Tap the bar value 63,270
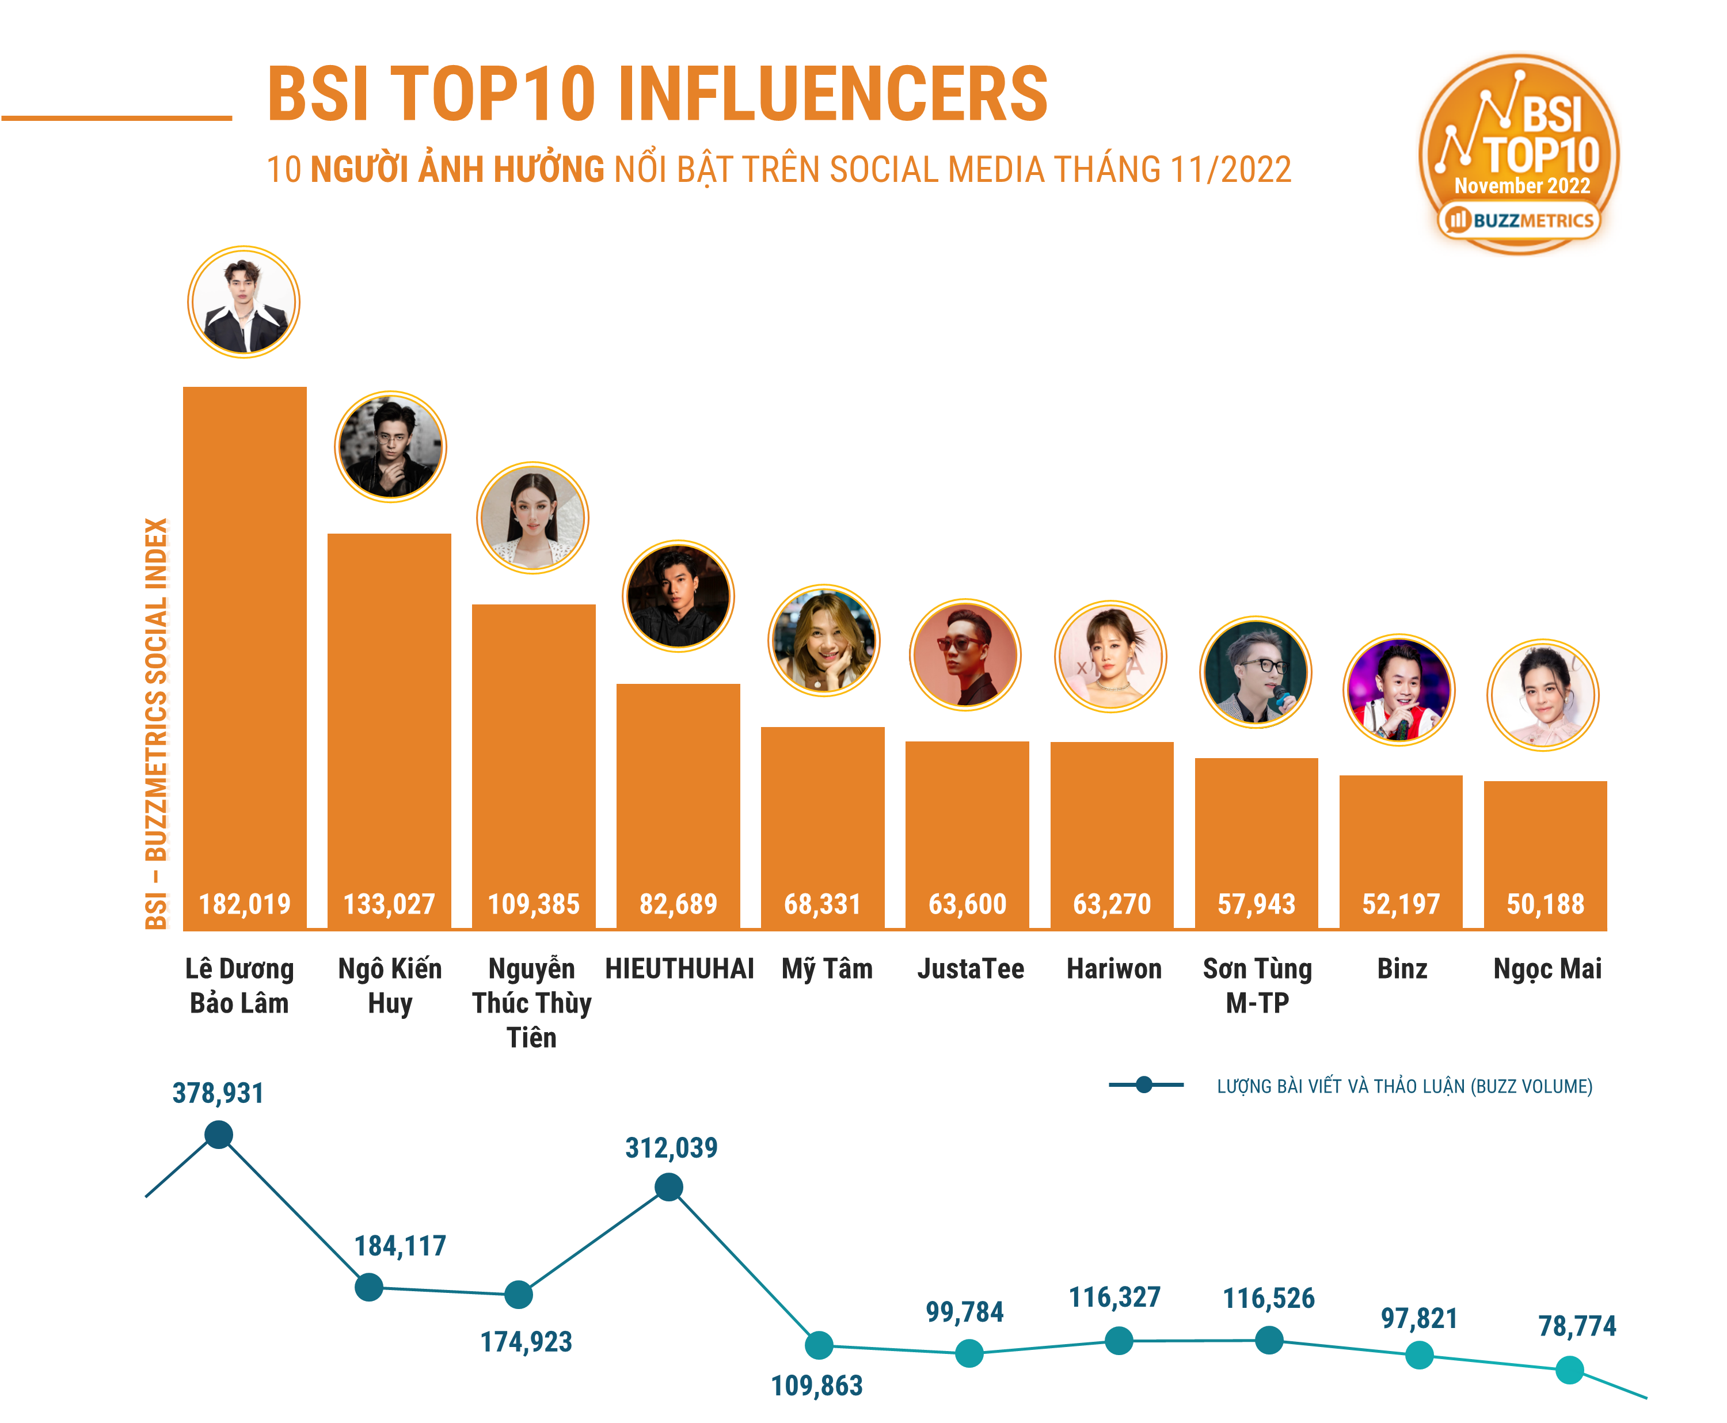coord(1112,904)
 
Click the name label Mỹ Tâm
coord(826,969)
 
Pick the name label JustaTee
coord(971,969)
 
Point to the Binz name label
coord(1402,969)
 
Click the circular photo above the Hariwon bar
coord(1110,657)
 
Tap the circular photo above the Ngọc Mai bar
coord(1543,695)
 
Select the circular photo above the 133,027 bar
coord(390,447)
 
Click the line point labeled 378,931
coord(218,1135)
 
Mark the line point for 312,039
coord(669,1187)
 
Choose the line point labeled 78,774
coord(1569,1369)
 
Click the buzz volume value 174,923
coord(526,1342)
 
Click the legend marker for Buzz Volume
coord(1144,1085)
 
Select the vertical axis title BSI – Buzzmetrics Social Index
coord(156,723)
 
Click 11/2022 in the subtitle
coord(1230,170)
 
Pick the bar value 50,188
coord(1545,904)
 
